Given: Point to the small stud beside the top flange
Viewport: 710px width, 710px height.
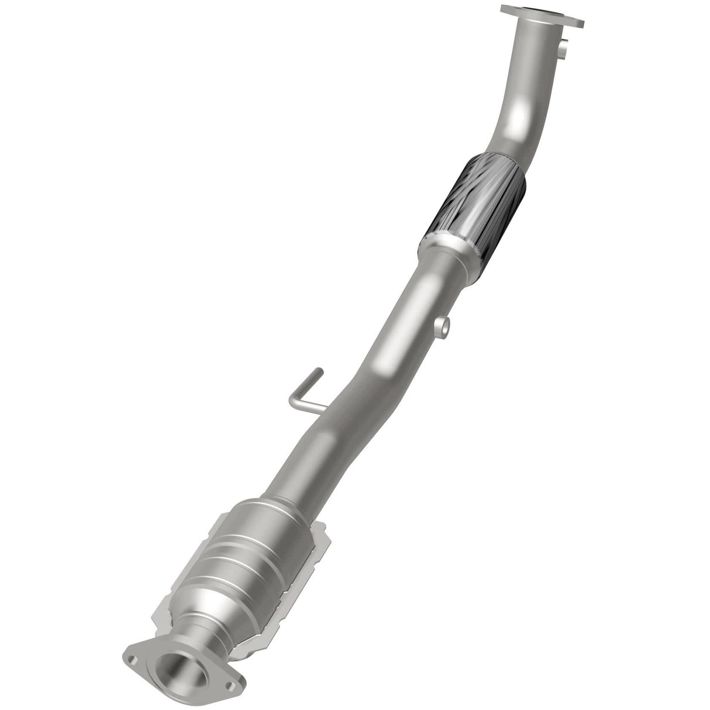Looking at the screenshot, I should point(564,49).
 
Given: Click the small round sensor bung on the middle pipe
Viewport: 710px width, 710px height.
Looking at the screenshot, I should point(444,324).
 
